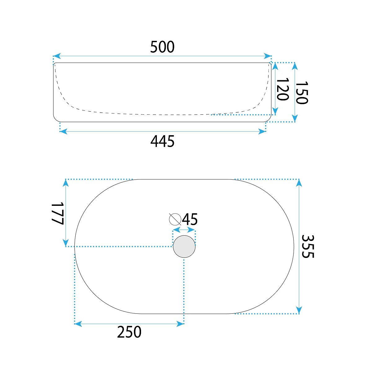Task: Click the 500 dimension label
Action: [x=162, y=47]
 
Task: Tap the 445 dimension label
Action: [x=162, y=141]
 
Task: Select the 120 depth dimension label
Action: [x=283, y=89]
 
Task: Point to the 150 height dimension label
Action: [x=302, y=93]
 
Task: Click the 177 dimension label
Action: [x=57, y=214]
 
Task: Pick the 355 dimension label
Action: [x=308, y=246]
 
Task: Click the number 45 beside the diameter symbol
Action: [x=190, y=219]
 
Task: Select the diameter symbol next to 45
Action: [x=175, y=219]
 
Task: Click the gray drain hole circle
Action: [x=184, y=246]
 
